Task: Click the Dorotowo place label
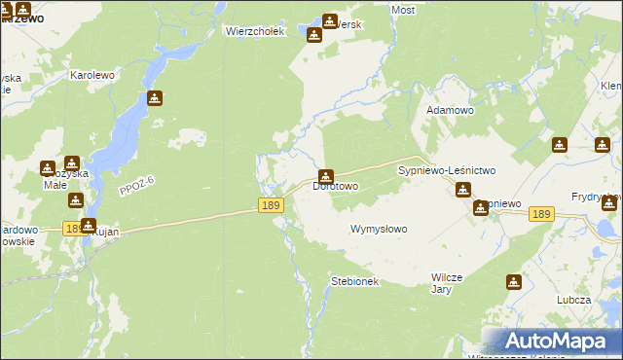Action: point(336,186)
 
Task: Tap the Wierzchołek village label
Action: point(254,31)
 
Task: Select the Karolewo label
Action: point(92,74)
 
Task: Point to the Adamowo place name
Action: point(450,111)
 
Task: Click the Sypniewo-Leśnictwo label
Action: point(447,170)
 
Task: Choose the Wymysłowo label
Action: point(379,230)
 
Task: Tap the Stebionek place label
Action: point(354,281)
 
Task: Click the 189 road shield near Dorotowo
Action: point(272,204)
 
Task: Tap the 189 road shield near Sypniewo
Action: point(542,214)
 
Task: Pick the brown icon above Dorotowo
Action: point(326,175)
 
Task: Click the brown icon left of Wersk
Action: point(314,35)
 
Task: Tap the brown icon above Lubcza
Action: point(514,282)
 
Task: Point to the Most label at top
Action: point(402,10)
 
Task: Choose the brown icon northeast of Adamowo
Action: point(559,145)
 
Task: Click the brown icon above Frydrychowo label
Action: point(610,202)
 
